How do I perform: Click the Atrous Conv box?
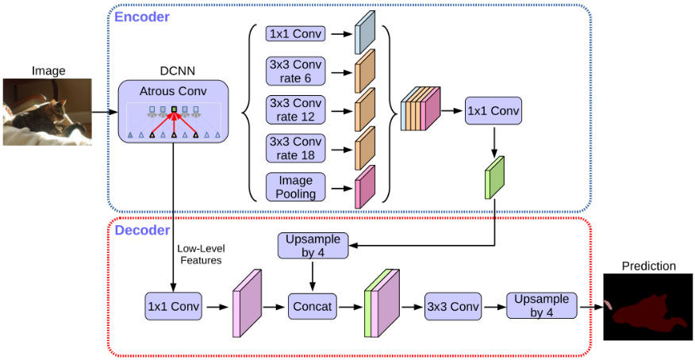point(173,111)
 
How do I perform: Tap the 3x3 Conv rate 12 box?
point(297,110)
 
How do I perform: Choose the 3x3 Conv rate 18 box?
point(297,147)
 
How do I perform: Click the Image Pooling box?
point(296,187)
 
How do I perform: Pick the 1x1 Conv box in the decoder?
point(173,304)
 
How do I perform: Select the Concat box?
point(313,304)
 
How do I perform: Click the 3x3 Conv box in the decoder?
point(453,305)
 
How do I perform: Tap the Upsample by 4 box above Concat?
point(313,245)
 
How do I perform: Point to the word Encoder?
point(142,16)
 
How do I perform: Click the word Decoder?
point(142,231)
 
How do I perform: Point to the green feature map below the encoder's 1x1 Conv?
point(494,177)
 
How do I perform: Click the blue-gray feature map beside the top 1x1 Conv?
point(364,33)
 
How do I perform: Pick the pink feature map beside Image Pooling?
point(364,187)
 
